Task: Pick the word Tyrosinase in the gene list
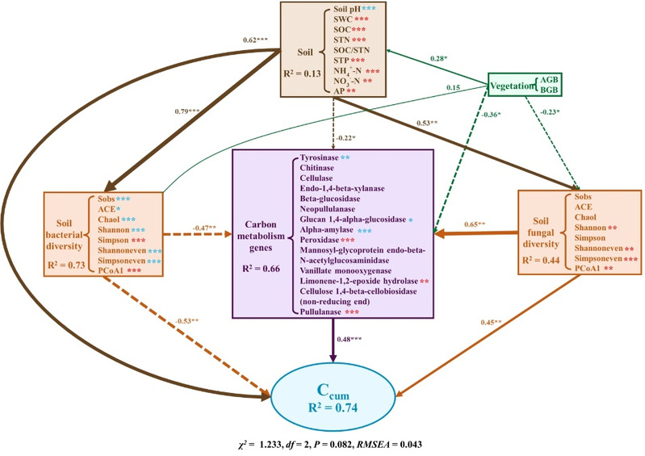coord(317,159)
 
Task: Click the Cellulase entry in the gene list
coord(316,186)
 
